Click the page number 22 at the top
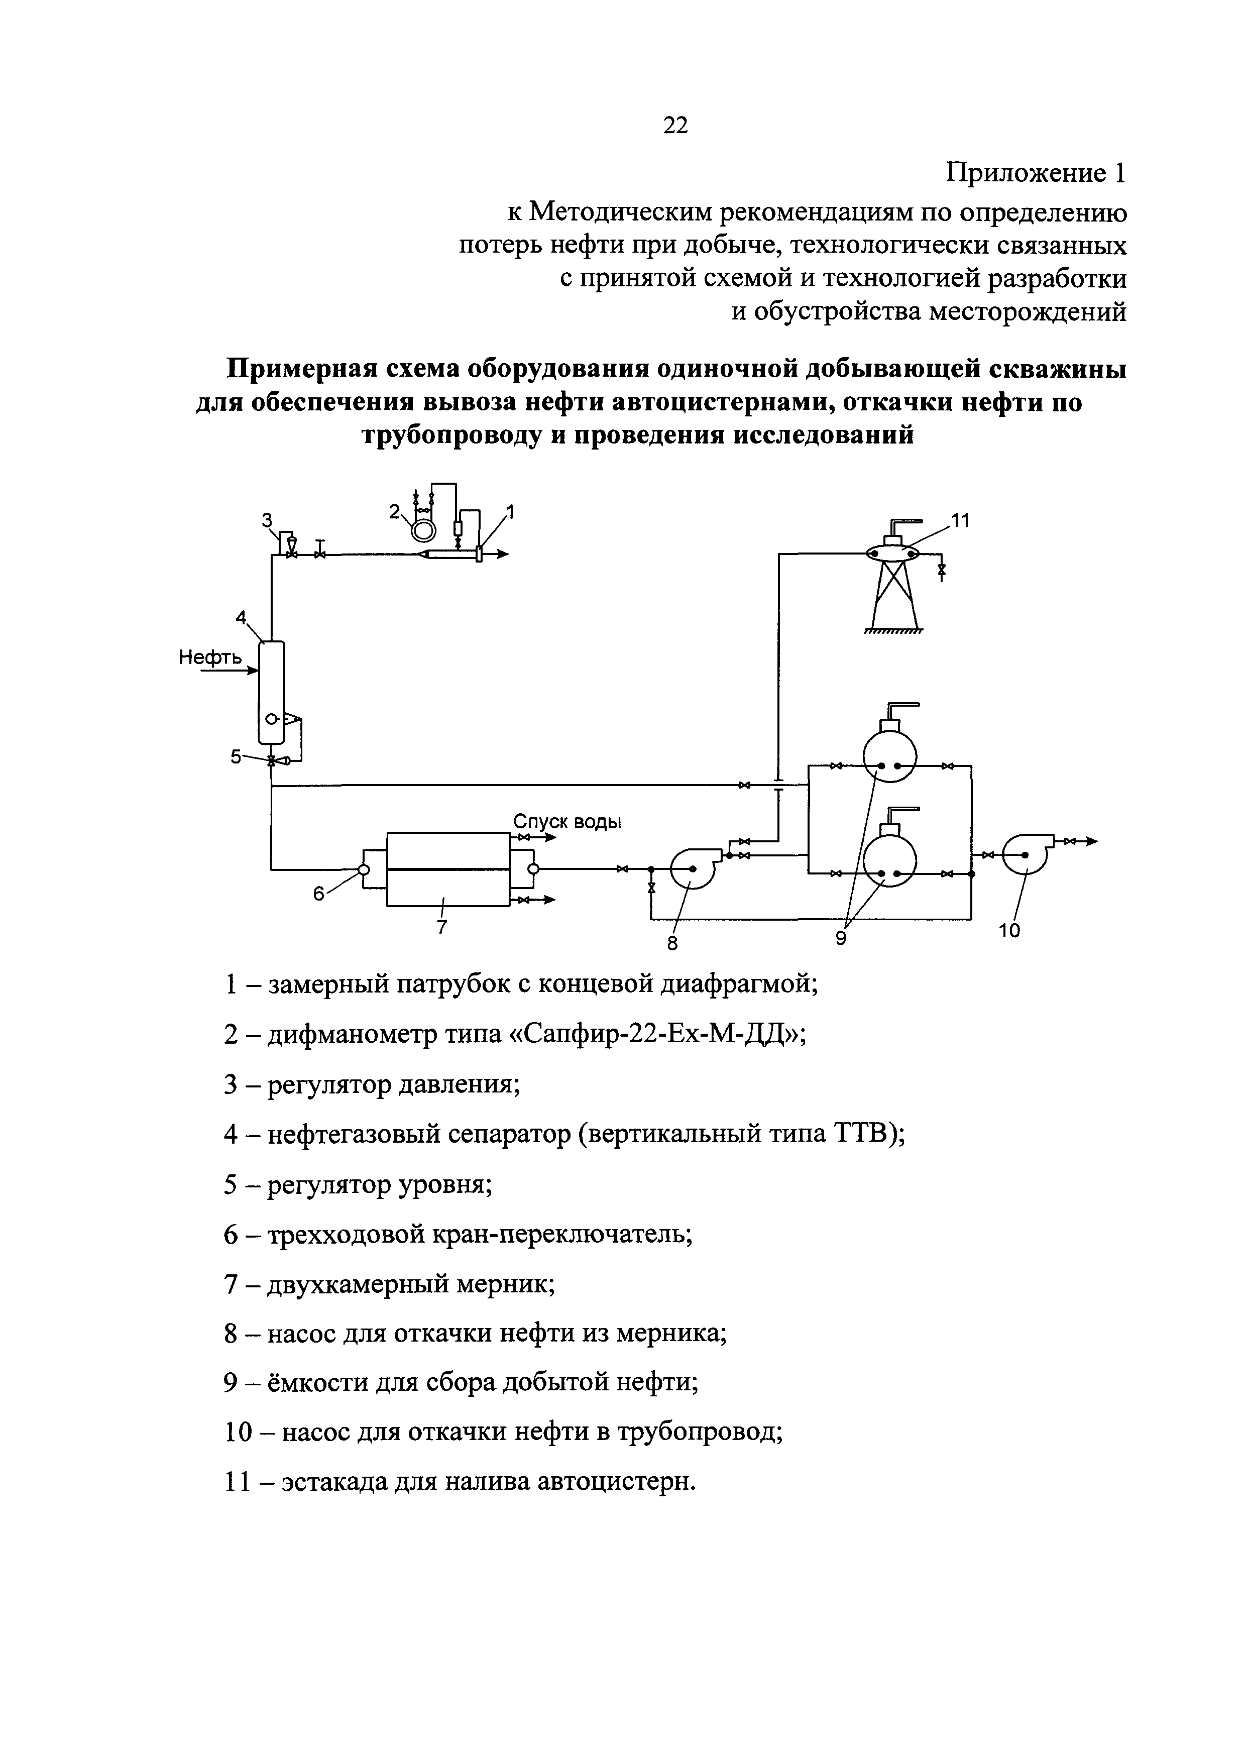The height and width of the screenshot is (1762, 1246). [675, 125]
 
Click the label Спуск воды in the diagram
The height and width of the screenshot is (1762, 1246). [567, 822]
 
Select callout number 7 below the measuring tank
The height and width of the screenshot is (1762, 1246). [441, 927]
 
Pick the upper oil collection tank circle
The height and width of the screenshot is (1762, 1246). [890, 755]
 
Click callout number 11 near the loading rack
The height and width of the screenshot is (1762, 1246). [961, 521]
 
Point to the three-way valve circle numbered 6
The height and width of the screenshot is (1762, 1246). [364, 869]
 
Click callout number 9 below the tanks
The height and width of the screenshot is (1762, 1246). [841, 938]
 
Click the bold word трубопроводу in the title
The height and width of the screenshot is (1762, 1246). [460, 435]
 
